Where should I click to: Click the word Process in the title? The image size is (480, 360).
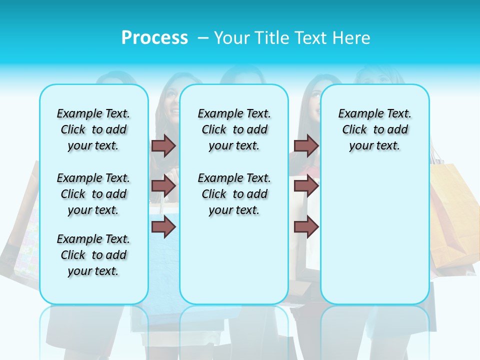point(154,38)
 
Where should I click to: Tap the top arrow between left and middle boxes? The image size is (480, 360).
point(163,146)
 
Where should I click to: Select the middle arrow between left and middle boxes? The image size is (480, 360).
point(163,186)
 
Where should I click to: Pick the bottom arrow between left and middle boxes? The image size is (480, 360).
point(163,227)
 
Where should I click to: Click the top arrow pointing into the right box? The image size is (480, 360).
point(306,146)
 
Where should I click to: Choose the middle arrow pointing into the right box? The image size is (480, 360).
point(306,186)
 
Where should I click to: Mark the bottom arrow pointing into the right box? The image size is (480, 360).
point(306,227)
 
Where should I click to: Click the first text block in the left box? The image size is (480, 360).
point(93,129)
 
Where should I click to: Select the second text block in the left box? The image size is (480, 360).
point(93,194)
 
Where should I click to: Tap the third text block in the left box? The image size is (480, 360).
point(93,255)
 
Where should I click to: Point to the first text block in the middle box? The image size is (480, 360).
point(234,129)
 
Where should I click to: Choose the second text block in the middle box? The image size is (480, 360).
point(234,194)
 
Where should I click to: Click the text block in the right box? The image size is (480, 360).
point(375,129)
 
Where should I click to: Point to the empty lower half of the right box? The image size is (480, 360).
point(375,240)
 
